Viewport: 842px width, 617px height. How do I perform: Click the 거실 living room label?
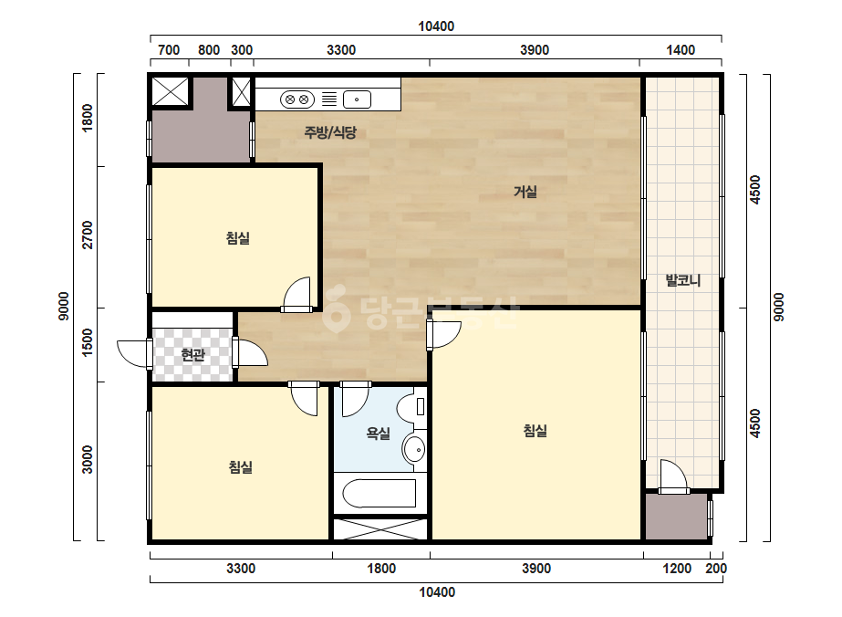525,192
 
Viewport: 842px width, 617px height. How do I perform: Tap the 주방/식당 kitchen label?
330,132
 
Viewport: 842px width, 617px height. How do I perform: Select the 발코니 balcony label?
683,280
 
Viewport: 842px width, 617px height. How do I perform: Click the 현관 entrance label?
192,355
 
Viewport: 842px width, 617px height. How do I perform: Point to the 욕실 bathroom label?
378,434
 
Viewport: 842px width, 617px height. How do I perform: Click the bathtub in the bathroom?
379,494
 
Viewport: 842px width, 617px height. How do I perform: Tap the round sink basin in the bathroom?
414,449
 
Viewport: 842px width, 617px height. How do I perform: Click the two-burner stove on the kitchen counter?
297,99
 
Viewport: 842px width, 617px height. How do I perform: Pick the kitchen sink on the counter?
357,99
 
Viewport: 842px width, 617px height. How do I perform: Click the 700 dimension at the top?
169,50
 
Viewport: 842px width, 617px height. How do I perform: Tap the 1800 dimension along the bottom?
381,568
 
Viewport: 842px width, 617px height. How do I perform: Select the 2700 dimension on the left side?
87,235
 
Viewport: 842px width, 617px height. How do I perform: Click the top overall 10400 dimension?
436,26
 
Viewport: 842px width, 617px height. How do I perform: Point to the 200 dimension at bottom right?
716,568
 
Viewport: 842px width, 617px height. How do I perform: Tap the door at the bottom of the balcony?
673,476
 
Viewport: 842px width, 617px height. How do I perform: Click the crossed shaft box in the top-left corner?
171,91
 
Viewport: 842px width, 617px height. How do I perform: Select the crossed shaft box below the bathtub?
380,528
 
